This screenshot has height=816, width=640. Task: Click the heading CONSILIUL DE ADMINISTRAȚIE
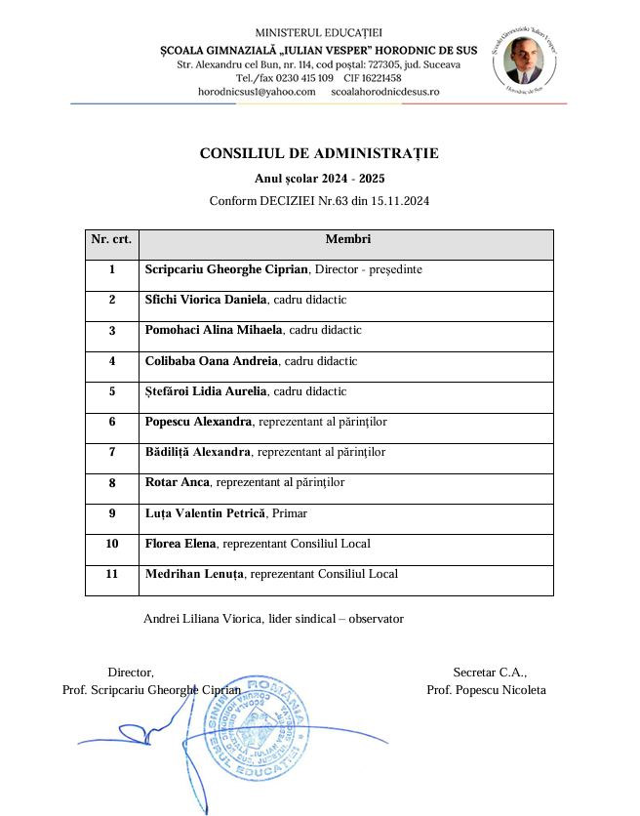(319, 153)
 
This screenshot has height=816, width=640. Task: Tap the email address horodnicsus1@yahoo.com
(257, 91)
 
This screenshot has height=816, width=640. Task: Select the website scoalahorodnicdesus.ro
(385, 91)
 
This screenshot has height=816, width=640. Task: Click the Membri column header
(347, 239)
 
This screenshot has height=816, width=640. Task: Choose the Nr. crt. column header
(111, 239)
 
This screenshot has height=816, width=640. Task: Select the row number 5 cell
(111, 391)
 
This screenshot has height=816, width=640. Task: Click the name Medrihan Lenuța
(194, 574)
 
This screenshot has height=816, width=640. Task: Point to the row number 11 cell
(111, 574)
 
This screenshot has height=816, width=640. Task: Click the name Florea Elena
(180, 544)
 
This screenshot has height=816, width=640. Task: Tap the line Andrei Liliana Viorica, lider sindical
(273, 619)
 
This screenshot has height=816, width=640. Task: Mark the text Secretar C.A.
(490, 672)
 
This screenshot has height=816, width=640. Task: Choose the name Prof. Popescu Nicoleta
(486, 690)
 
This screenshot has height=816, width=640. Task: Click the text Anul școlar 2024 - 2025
(319, 179)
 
